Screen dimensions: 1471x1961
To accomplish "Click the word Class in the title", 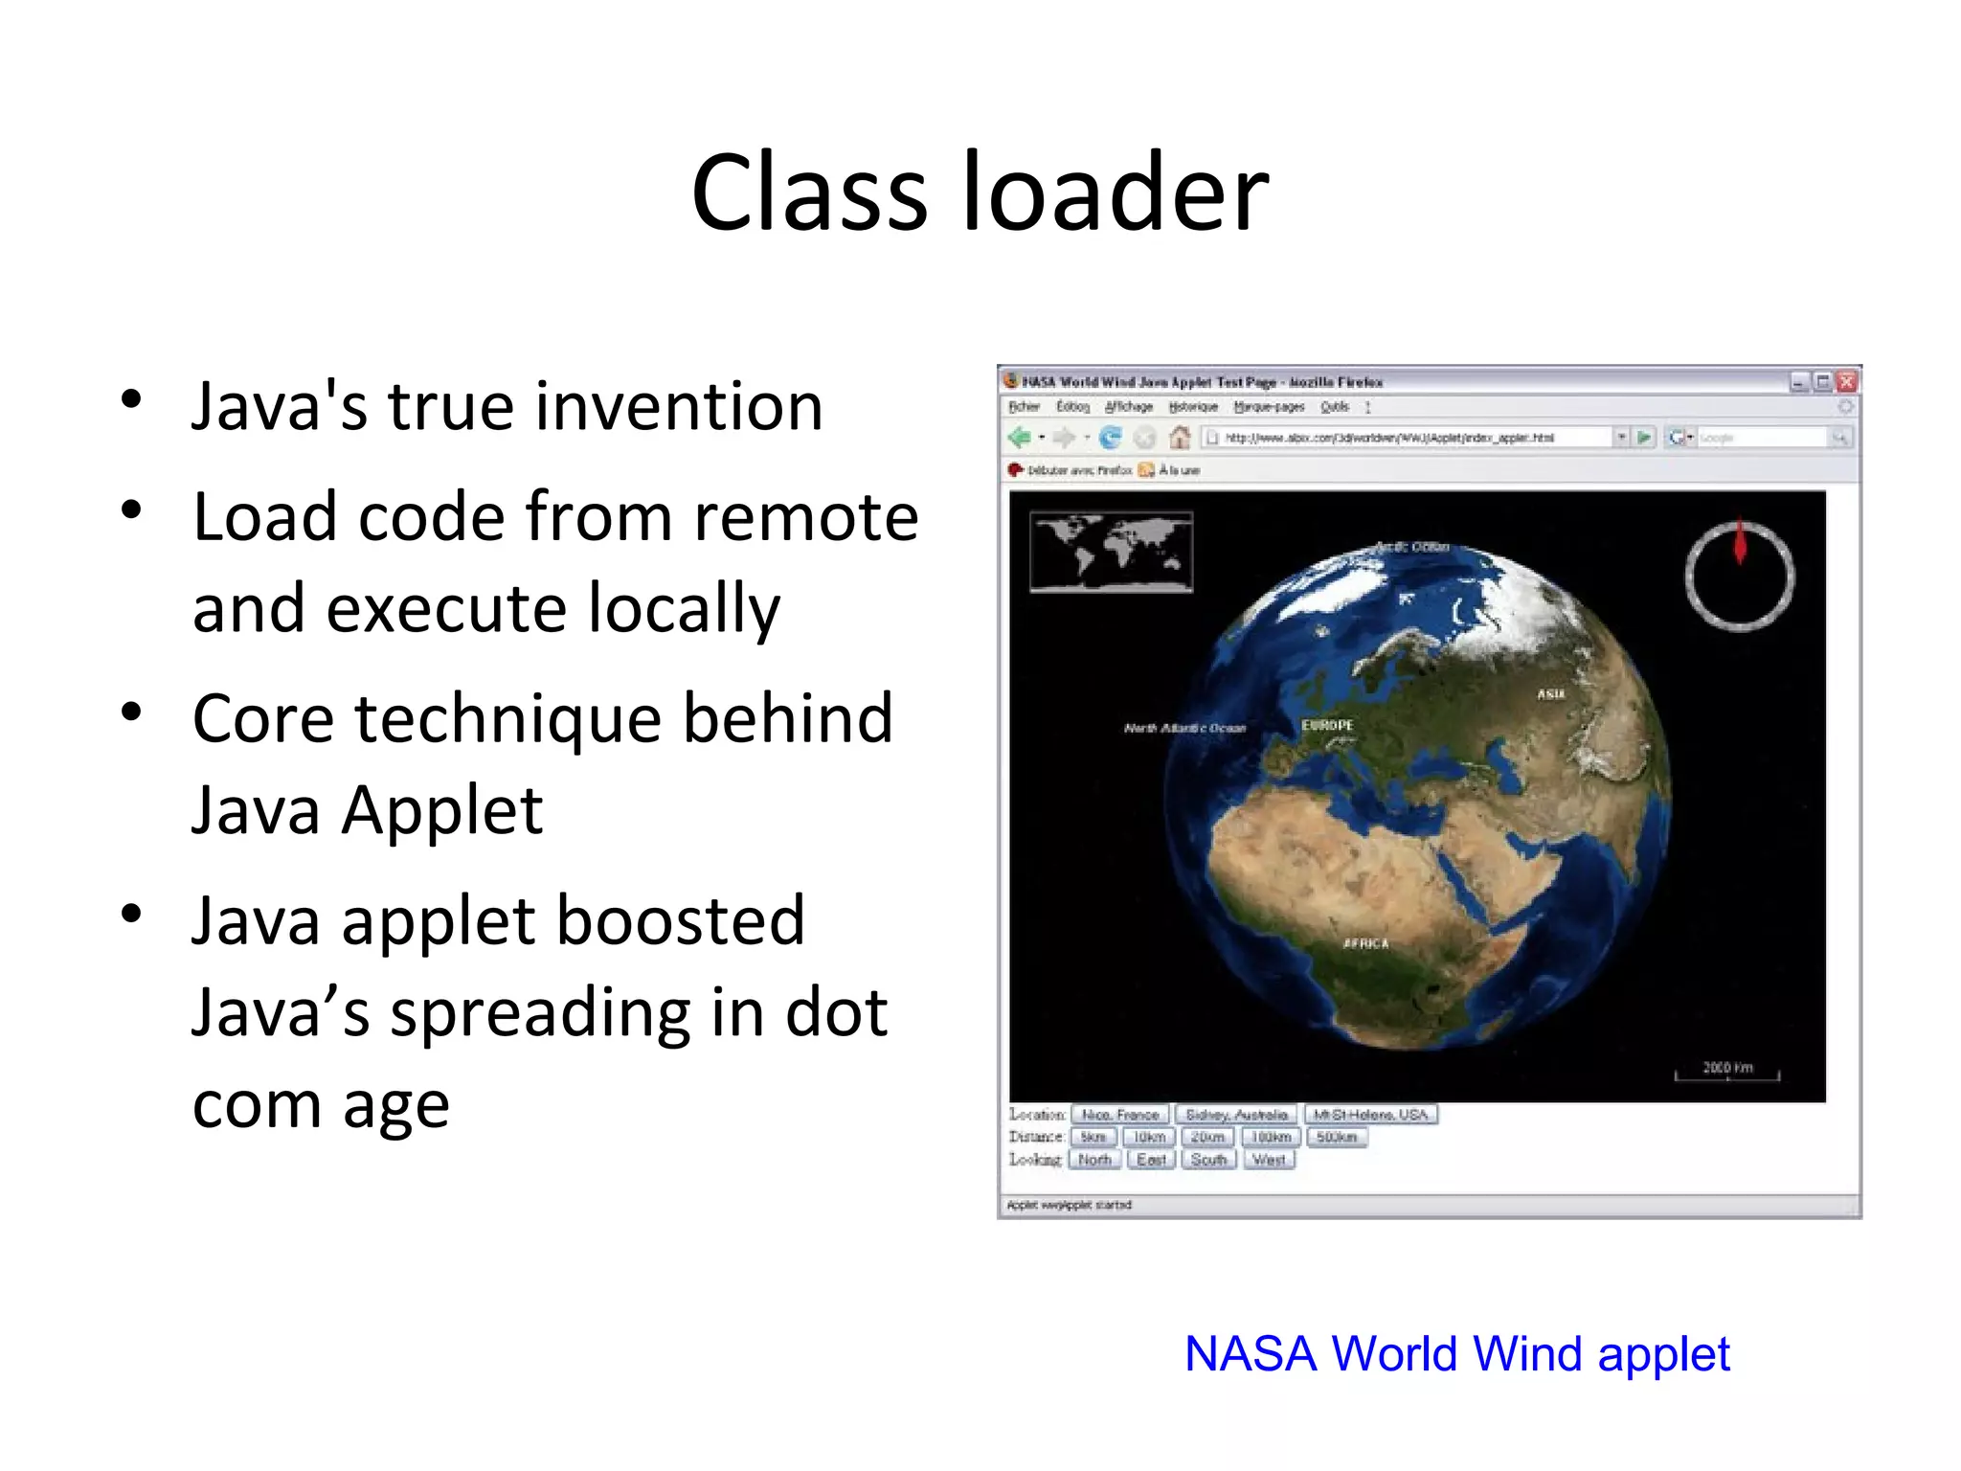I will [x=809, y=192].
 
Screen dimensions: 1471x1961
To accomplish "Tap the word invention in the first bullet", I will [x=678, y=406].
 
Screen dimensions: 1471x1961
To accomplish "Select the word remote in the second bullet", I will [x=806, y=517].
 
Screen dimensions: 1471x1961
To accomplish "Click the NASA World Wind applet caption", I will [x=1456, y=1354].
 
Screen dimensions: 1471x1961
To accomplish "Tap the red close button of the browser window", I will [x=1847, y=382].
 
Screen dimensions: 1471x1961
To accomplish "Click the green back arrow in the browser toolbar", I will [x=1019, y=438].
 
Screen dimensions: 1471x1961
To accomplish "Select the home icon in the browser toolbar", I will [x=1180, y=438].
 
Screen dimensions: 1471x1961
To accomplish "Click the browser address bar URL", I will [x=1388, y=438].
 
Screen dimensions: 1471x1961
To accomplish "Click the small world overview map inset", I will [x=1111, y=553].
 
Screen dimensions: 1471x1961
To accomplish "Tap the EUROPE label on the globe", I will [x=1327, y=725].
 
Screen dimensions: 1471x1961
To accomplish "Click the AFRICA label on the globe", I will [x=1365, y=943].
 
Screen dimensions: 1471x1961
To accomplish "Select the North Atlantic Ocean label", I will [x=1184, y=728].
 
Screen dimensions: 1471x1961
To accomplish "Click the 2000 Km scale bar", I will [x=1727, y=1072].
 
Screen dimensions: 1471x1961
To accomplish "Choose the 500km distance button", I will [x=1337, y=1137].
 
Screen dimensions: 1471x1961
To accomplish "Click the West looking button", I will [x=1269, y=1160].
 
